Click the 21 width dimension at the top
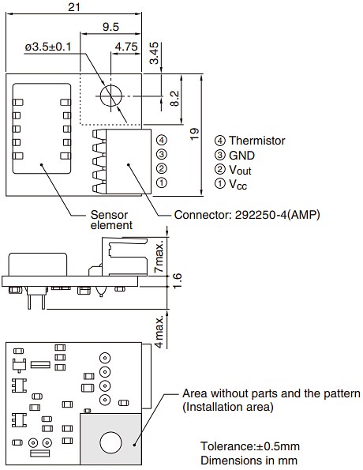[x=75, y=7]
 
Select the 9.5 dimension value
[x=110, y=27]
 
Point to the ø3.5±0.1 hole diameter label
[x=47, y=47]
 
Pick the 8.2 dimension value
[x=175, y=99]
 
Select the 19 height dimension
[x=195, y=135]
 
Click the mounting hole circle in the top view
[x=110, y=95]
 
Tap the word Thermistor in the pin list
[x=256, y=141]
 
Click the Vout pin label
[x=241, y=169]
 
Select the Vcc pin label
[x=240, y=183]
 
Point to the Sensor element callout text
[x=108, y=220]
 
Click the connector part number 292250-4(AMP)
[x=246, y=214]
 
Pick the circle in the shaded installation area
[x=110, y=440]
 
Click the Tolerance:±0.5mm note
[x=249, y=446]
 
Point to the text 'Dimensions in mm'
[x=249, y=460]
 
